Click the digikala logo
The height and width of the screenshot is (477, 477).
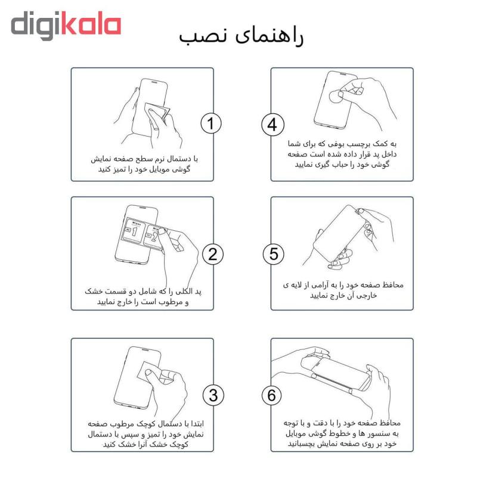pos(66,25)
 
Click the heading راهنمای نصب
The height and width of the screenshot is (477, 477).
pos(241,37)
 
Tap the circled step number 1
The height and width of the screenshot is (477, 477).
pos(211,123)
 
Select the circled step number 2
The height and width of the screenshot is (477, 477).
pos(213,254)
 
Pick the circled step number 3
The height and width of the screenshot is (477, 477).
pos(213,395)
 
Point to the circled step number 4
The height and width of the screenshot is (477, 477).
pos(272,125)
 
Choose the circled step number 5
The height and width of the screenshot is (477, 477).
pos(274,254)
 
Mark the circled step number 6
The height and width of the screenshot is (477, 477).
pos(272,395)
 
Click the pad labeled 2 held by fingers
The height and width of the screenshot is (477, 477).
pos(154,236)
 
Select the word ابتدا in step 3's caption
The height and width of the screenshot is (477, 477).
pos(194,424)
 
